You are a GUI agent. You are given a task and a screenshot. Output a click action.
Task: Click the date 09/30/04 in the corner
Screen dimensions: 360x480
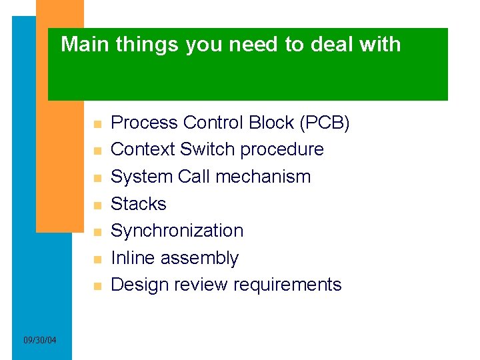(40, 341)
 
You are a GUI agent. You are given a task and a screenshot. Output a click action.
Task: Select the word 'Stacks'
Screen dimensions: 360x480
(138, 203)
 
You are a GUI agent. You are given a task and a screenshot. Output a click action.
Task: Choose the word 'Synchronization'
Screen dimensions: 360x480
(177, 231)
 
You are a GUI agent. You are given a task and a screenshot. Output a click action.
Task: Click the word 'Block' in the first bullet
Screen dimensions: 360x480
(270, 123)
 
